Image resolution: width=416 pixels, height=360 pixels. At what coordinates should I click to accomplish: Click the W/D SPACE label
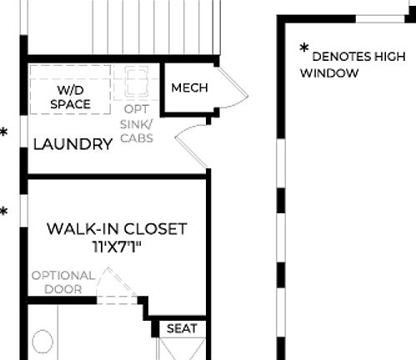pyautogui.click(x=70, y=96)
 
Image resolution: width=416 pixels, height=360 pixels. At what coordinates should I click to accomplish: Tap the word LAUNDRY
pyautogui.click(x=73, y=144)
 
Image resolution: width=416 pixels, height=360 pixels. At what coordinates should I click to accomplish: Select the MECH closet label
pyautogui.click(x=189, y=88)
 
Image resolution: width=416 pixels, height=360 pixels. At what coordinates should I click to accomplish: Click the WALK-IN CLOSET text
pyautogui.click(x=117, y=228)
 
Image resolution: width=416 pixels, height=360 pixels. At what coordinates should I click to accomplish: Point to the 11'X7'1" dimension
pyautogui.click(x=117, y=247)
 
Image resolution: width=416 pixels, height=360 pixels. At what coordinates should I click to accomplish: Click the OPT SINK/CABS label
pyautogui.click(x=137, y=123)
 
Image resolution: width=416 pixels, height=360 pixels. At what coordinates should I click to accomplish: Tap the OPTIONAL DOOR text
pyautogui.click(x=63, y=282)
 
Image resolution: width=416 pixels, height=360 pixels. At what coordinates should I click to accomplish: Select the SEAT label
pyautogui.click(x=182, y=328)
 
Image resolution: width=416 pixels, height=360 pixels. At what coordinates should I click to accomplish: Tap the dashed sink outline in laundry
pyautogui.click(x=136, y=82)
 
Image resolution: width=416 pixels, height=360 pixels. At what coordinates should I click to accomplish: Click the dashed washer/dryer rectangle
pyautogui.click(x=70, y=88)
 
